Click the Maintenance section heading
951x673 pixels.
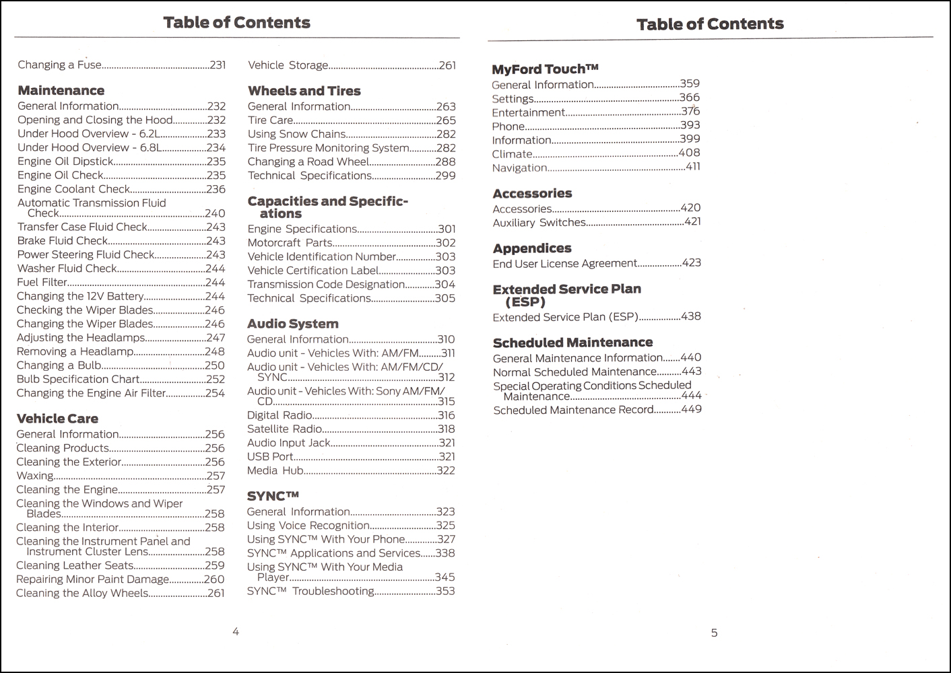pos(61,91)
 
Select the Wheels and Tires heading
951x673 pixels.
pos(304,91)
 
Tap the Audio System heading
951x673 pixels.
pos(292,324)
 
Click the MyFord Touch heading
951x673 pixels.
pos(545,69)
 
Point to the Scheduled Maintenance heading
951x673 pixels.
pos(572,343)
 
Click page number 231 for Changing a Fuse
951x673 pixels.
pos(218,65)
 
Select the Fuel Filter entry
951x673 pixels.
pos(42,283)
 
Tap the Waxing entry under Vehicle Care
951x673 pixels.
pos(35,476)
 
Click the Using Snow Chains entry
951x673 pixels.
pos(296,134)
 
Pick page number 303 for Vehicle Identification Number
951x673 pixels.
pos(445,256)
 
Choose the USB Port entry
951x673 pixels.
pos(270,456)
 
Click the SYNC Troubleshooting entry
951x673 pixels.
pos(310,591)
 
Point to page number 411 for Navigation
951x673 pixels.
pos(692,167)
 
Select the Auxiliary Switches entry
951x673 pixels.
pos(539,222)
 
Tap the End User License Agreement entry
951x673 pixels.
pos(564,264)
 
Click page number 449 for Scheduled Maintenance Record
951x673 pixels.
pos(691,409)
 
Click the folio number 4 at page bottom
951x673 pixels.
pos(236,632)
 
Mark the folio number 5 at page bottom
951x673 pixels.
pos(714,633)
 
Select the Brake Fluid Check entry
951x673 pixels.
pos(63,241)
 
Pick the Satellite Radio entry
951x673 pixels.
pos(284,429)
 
